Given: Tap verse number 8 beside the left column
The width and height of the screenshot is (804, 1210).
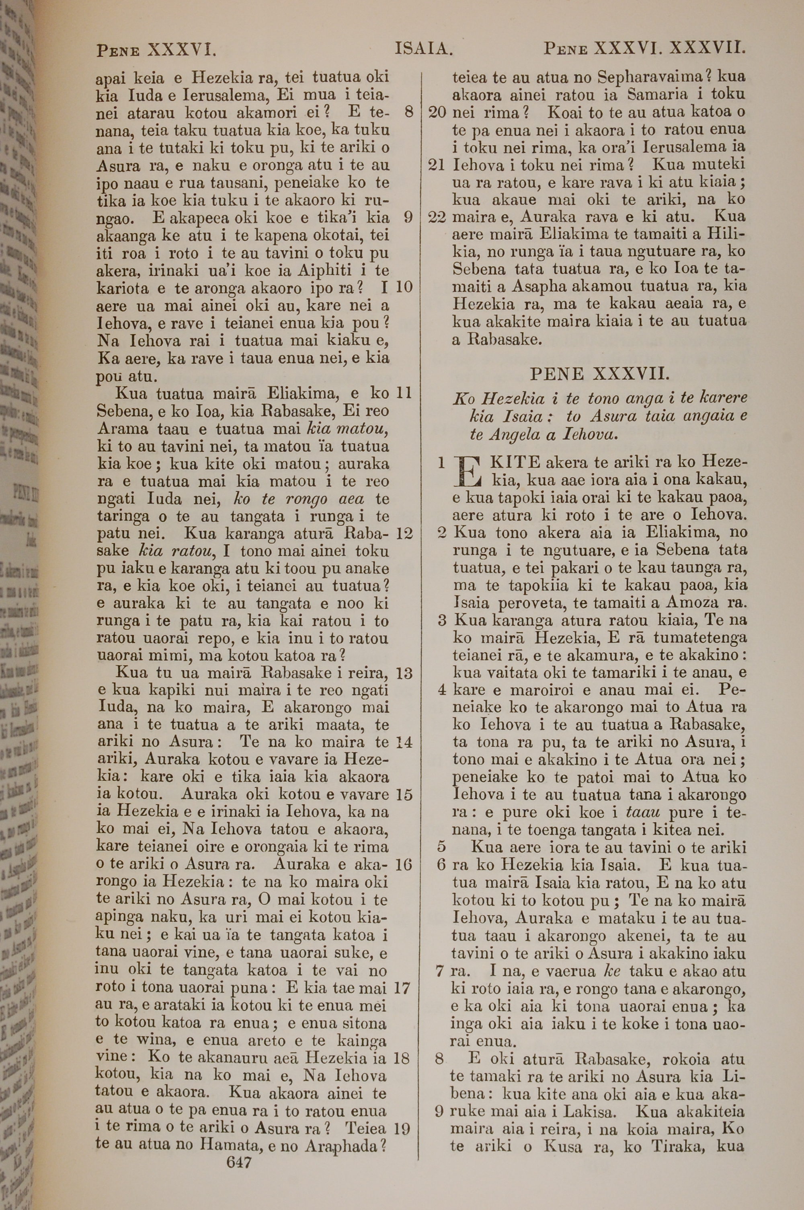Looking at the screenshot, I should point(409,112).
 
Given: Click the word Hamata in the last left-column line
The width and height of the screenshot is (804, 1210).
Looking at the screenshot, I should point(224,1146).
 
